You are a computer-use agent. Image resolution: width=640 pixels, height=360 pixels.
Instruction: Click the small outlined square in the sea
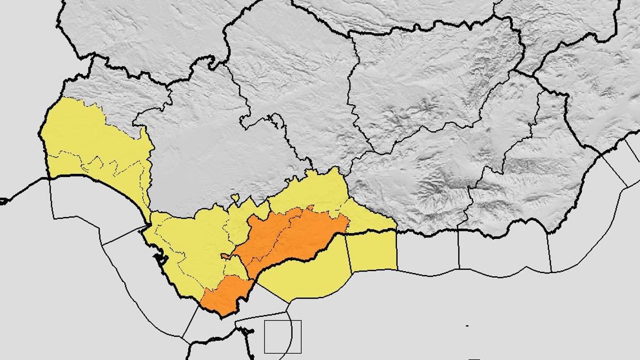[283, 337]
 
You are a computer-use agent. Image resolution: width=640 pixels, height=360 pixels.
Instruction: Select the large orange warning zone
[291, 237]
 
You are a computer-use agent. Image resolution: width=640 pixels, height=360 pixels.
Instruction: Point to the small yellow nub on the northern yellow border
[235, 198]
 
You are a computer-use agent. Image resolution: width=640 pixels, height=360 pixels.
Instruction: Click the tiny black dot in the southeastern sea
[467, 325]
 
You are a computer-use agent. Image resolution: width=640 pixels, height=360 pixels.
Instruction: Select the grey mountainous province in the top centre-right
[432, 80]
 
